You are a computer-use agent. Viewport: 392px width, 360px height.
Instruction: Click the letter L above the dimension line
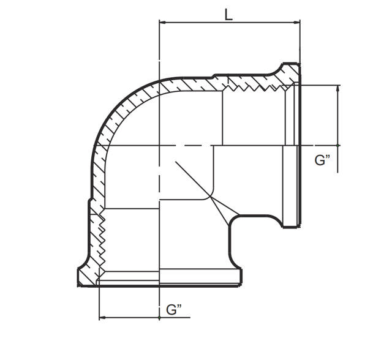(x=228, y=13)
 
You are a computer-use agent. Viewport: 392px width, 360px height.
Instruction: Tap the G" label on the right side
(x=323, y=160)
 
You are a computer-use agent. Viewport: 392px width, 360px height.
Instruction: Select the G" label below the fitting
(x=175, y=310)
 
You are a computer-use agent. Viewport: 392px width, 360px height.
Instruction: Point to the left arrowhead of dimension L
(x=162, y=23)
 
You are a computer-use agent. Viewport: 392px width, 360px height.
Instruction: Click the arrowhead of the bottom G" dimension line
(x=102, y=318)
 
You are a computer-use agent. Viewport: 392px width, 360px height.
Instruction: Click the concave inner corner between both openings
(x=236, y=219)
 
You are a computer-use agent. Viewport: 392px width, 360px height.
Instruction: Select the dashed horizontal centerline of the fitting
(x=184, y=146)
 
